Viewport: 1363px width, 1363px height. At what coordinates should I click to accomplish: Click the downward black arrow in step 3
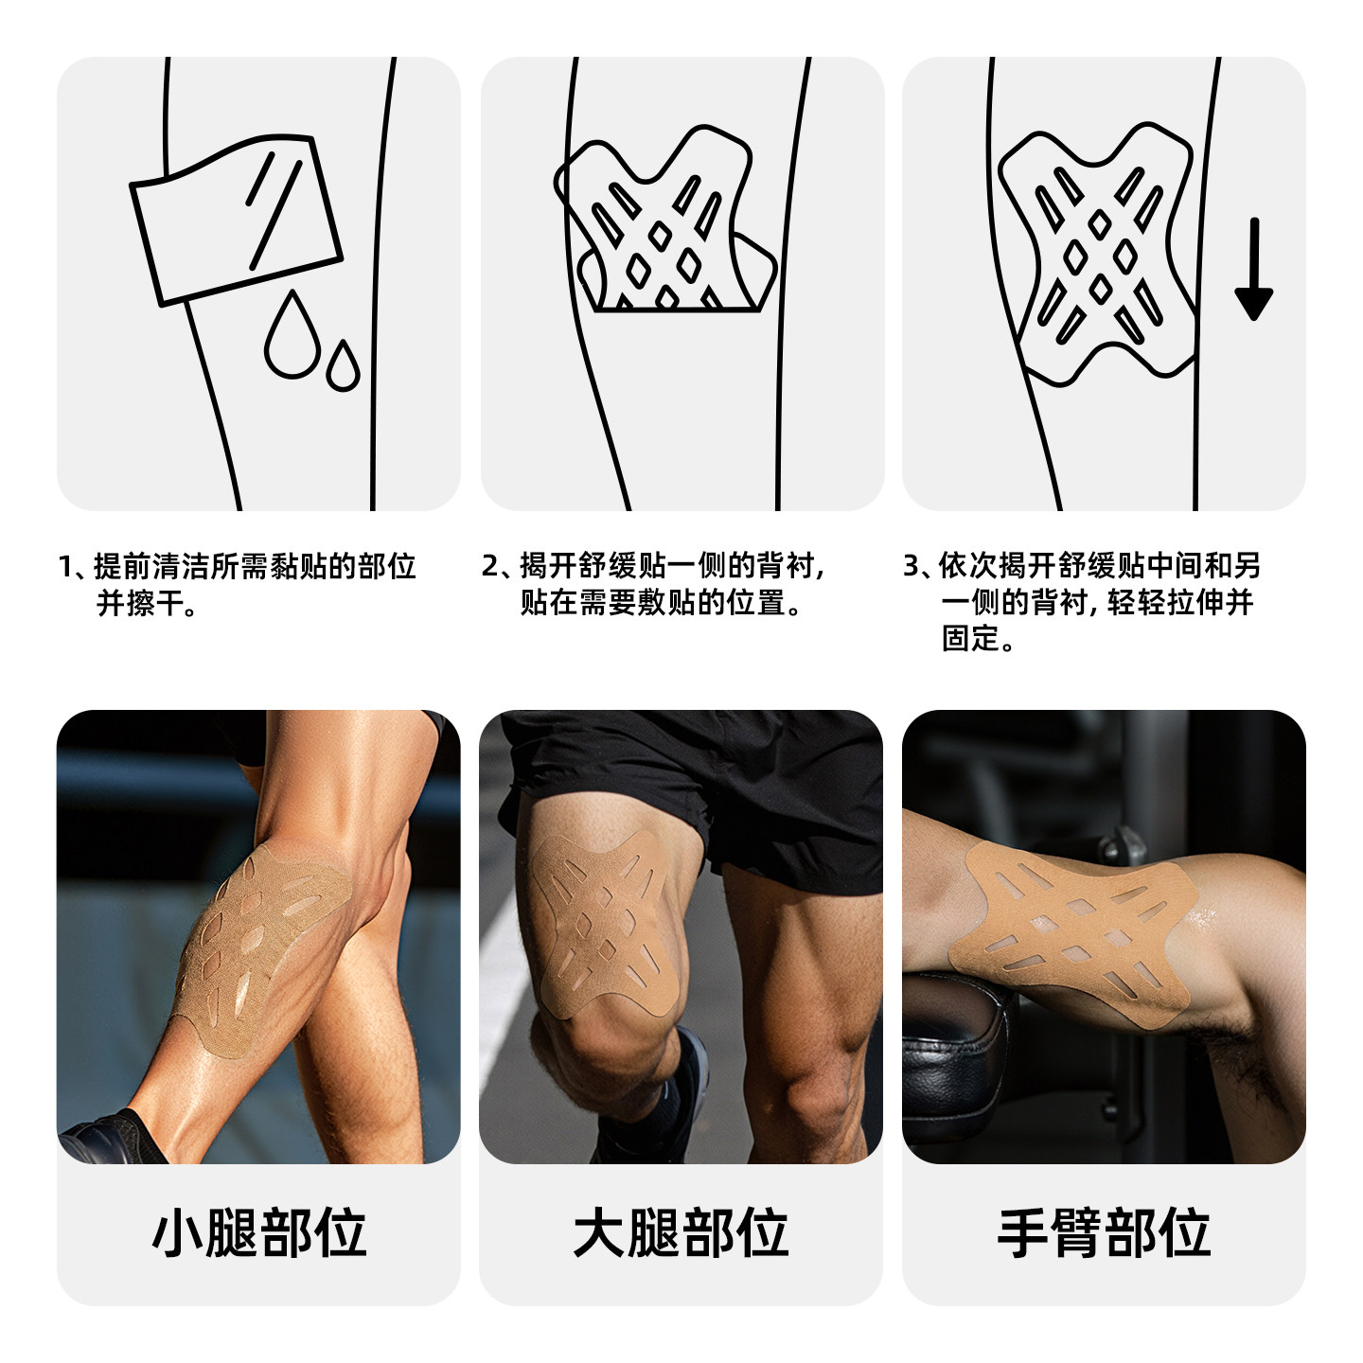(1253, 271)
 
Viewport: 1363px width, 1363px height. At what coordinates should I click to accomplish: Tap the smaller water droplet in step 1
(343, 367)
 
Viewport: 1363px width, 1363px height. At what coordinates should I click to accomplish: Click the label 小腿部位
(259, 1233)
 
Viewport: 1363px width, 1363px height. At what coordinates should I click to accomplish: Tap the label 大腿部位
(681, 1233)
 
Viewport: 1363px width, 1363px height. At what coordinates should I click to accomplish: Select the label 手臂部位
(1104, 1233)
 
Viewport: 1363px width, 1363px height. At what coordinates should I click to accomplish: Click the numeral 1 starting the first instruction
(65, 567)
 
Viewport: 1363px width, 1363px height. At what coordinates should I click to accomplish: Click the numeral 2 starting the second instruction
(489, 567)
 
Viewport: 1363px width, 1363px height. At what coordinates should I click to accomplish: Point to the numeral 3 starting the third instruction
(911, 567)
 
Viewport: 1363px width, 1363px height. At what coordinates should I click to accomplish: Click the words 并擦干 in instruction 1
(140, 603)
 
